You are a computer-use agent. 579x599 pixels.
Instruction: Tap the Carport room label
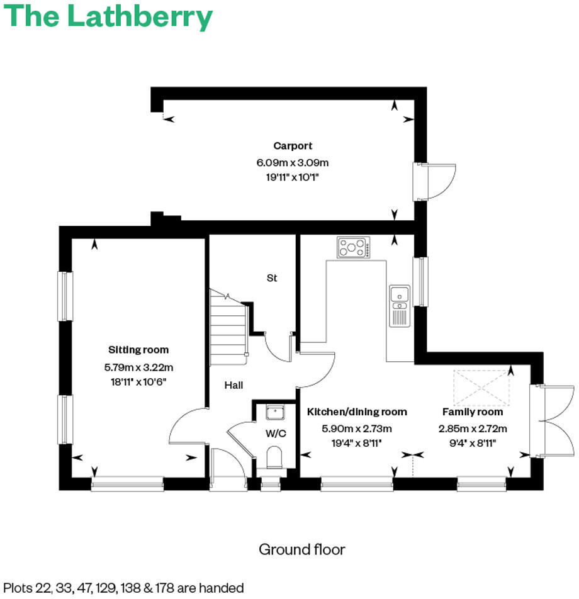coord(292,146)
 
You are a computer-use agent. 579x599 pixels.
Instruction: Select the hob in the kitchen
coord(354,247)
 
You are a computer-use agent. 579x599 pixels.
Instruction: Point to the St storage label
coord(272,277)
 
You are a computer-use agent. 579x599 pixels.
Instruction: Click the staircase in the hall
coord(227,327)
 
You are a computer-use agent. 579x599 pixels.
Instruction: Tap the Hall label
coord(233,385)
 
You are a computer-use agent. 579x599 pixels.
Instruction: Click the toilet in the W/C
coord(274,457)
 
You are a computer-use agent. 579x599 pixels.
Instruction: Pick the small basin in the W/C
coord(274,413)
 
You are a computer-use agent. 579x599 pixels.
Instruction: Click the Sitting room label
coord(138,350)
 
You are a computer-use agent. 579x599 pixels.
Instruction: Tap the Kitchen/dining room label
coord(357,412)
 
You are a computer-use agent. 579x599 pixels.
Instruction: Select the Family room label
coord(472,412)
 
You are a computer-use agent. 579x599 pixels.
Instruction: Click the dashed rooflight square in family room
coord(481,388)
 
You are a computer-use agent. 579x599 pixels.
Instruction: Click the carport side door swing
coord(439,182)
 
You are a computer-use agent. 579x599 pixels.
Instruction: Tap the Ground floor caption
coord(301,549)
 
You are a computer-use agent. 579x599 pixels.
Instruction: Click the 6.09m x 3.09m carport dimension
coord(292,162)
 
